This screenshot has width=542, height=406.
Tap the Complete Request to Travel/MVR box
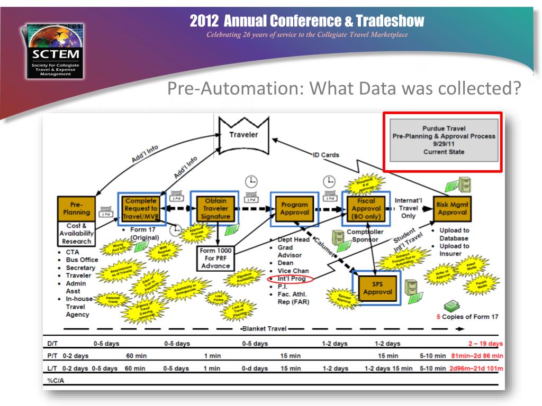[141, 209]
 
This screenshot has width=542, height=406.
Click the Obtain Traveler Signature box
[215, 209]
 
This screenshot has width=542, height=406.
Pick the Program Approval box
[295, 209]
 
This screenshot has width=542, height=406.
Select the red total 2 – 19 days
[485, 344]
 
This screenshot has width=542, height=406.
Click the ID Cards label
[326, 155]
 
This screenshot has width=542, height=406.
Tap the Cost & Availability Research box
[76, 234]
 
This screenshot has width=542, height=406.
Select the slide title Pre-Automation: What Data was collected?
[341, 88]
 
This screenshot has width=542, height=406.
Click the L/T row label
[52, 368]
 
